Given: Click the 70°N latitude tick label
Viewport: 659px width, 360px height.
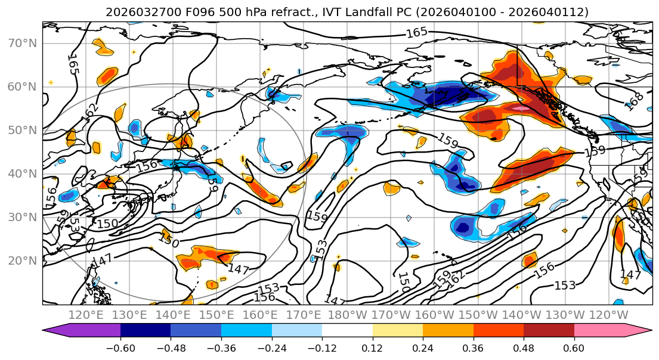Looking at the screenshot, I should tap(23, 44).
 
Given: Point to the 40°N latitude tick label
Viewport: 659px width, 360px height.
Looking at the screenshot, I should tap(23, 173).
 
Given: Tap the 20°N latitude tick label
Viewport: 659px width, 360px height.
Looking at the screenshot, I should tap(23, 260).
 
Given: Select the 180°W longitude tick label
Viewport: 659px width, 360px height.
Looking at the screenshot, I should tap(348, 315).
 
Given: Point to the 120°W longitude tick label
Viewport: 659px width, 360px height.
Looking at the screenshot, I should tap(610, 315).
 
